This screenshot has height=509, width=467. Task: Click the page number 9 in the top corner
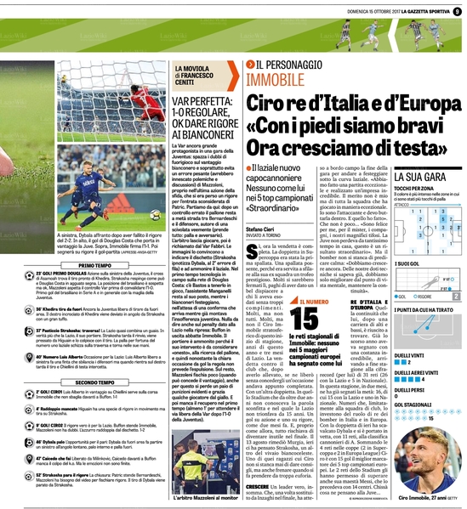tap(457, 11)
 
